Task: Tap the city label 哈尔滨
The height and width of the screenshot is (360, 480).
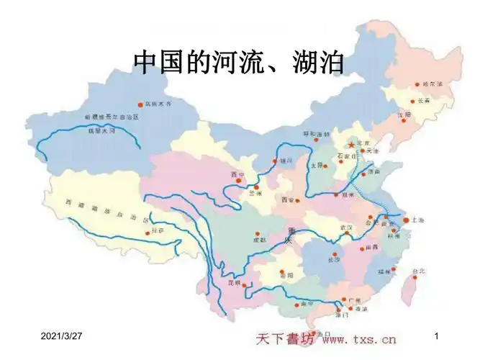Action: pos(432,84)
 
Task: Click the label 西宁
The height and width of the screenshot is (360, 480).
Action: pos(237,175)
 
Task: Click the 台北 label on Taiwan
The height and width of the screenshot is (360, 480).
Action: pos(419,271)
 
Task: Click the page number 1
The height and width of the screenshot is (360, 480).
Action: pos(438,337)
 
